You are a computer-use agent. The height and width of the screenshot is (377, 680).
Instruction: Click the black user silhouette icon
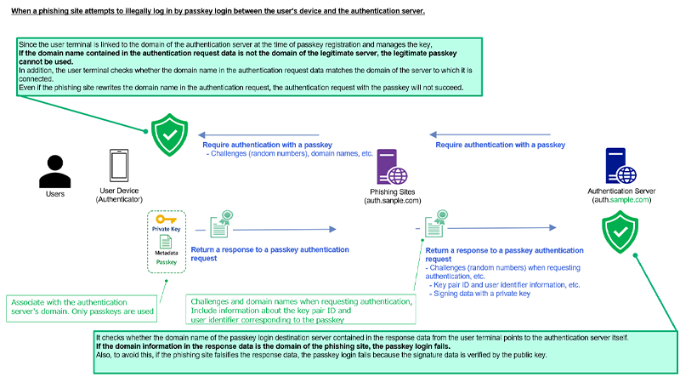(54, 170)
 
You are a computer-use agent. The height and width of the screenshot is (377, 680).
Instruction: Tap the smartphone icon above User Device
(119, 167)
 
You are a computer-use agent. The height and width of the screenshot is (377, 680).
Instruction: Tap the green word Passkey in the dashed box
(166, 263)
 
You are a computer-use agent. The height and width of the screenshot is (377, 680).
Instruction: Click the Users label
(54, 194)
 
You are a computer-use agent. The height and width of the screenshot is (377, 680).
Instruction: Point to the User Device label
(119, 192)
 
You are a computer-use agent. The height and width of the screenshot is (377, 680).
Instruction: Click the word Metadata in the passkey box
(166, 253)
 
